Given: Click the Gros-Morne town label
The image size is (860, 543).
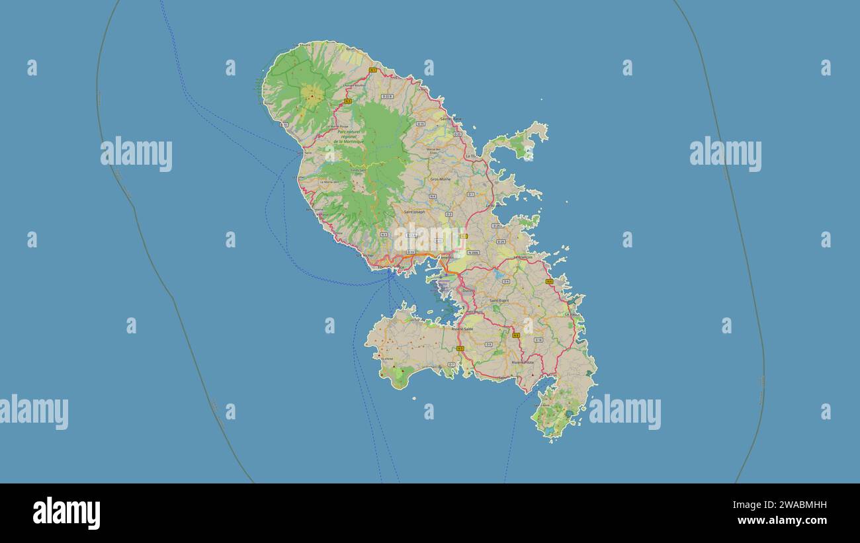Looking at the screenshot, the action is point(440,179).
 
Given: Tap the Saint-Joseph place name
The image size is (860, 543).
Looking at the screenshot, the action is point(415,212).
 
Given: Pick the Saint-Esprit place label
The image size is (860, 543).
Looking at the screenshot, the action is point(499,300).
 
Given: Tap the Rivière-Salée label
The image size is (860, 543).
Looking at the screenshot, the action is point(462,329).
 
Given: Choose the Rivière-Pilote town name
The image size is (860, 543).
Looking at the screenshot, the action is point(523,362).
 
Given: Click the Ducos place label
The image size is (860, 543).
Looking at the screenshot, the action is point(468,290).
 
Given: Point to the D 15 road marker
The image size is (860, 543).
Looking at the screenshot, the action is point(421,123).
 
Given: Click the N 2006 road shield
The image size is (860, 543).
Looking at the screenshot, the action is point(472,253).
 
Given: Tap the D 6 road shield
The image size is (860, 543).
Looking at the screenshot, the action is point(505,281).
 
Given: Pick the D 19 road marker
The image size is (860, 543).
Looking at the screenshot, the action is point(538,340).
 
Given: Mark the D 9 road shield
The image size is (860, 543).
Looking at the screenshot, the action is point(488,344).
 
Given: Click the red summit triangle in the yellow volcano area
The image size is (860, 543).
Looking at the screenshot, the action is point(312,97).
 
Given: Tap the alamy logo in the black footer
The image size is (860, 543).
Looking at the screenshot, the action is point(66,513).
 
